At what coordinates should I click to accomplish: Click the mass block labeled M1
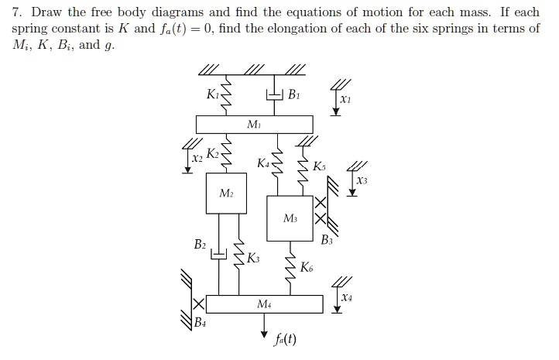(254, 125)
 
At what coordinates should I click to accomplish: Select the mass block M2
(226, 194)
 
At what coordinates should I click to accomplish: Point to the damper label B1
(293, 96)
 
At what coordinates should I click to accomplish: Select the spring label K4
(264, 163)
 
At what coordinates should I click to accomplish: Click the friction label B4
(201, 321)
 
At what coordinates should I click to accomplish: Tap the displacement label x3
(362, 180)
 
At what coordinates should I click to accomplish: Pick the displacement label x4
(345, 297)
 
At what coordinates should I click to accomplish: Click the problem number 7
(15, 12)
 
